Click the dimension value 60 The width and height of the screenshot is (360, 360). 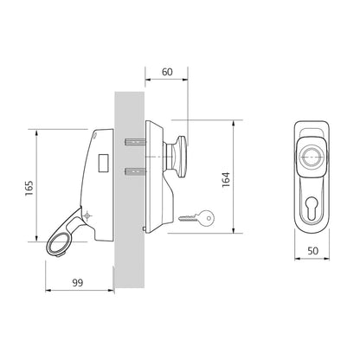(x=167, y=72)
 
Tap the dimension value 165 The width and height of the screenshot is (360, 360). (x=29, y=189)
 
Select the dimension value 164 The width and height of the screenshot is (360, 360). (x=226, y=180)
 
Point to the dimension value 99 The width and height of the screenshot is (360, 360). (x=77, y=283)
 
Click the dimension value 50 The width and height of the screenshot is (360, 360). (x=312, y=251)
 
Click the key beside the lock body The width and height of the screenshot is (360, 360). (x=196, y=218)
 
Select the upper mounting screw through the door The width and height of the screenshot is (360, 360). (x=135, y=142)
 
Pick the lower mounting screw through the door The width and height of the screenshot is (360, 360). (x=135, y=172)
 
